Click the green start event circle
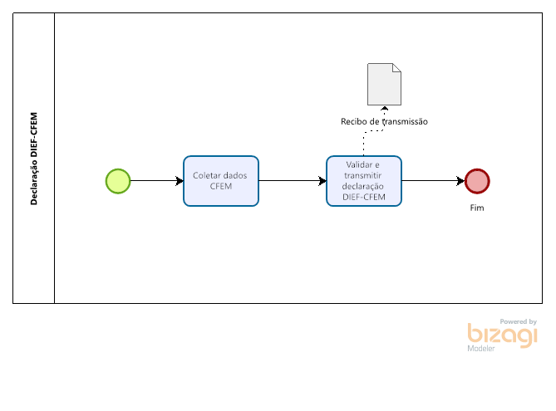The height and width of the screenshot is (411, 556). (118, 181)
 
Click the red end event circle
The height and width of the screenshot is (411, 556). (477, 181)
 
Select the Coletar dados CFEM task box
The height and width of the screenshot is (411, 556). (221, 181)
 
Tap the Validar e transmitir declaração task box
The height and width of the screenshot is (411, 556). (364, 181)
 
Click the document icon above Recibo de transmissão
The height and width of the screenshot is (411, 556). (384, 85)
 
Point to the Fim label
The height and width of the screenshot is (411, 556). (477, 208)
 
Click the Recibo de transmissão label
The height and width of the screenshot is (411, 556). (384, 121)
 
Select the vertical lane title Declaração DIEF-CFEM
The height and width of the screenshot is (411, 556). (34, 159)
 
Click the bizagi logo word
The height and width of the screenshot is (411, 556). (503, 335)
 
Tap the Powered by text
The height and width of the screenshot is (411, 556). (518, 321)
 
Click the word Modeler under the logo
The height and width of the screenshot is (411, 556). (481, 348)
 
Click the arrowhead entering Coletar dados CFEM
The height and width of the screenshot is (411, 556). (180, 181)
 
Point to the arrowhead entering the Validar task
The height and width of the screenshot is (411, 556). (322, 181)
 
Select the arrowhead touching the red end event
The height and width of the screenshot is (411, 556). (460, 181)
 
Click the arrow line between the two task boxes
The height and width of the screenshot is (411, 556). (293, 181)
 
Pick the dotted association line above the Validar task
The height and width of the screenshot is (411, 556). (372, 130)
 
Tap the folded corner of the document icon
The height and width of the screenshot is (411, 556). (396, 68)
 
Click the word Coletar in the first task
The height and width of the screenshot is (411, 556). (204, 175)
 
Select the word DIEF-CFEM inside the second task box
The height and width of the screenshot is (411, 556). (364, 197)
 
